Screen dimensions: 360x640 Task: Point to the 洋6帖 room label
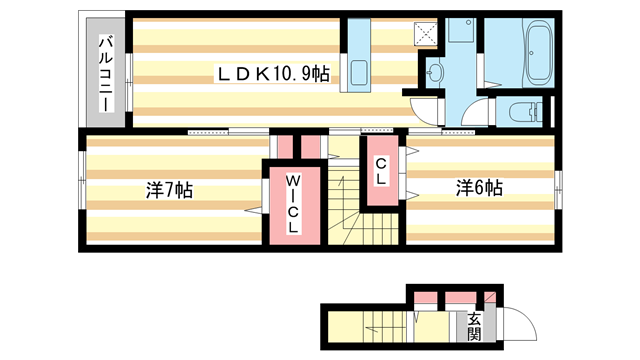pos(480,187)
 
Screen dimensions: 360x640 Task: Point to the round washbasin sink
pos(436,71)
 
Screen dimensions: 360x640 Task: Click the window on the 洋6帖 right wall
pos(558,186)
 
